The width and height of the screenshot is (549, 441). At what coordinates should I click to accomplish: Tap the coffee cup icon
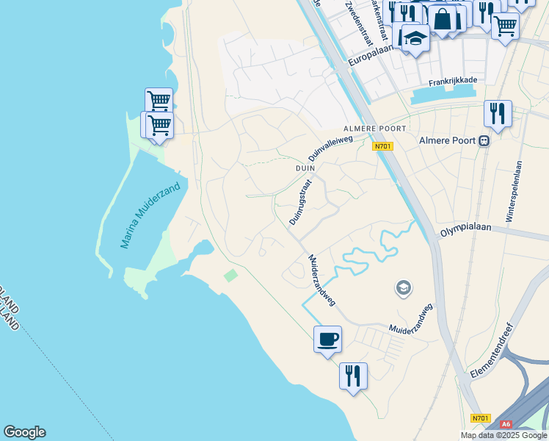point(327,340)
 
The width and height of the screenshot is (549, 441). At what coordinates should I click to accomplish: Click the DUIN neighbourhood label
point(305,168)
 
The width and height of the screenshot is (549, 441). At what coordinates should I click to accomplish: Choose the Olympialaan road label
point(464,230)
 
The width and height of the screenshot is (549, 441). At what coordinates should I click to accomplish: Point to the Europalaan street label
point(372,51)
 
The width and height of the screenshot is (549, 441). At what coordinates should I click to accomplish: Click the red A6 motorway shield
point(506,424)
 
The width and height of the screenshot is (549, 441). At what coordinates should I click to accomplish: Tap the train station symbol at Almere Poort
point(483,141)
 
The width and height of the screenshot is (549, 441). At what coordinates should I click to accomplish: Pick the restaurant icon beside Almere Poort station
point(498,114)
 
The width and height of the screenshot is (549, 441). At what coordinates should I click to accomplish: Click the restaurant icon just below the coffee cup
point(353,376)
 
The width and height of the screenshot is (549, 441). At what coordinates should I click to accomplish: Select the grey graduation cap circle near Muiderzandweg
point(403,287)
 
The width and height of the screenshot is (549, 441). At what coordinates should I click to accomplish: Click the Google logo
point(24,432)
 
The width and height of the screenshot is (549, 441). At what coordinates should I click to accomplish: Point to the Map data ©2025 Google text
point(503,435)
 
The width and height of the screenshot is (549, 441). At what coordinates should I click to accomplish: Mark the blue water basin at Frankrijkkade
point(445,95)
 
